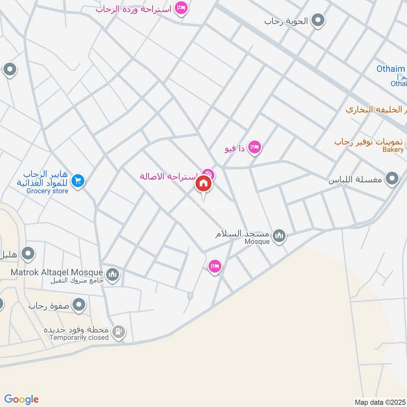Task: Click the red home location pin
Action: [x=203, y=184]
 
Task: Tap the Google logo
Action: [x=21, y=399]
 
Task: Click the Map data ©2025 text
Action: [x=380, y=402]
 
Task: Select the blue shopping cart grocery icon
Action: [x=78, y=181]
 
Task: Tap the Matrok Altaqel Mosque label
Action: [x=56, y=273]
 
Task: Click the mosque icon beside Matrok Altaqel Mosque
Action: [x=113, y=275]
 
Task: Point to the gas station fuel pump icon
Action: [x=118, y=333]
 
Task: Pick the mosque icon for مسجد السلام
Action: [x=279, y=236]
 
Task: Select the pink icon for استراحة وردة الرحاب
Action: [x=180, y=8]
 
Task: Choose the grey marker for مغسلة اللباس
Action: [x=392, y=179]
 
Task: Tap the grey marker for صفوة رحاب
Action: [x=79, y=305]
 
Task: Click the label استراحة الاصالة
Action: [x=170, y=177]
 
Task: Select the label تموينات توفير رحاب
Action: [x=368, y=141]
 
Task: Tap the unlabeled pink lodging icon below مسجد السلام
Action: [x=215, y=266]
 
